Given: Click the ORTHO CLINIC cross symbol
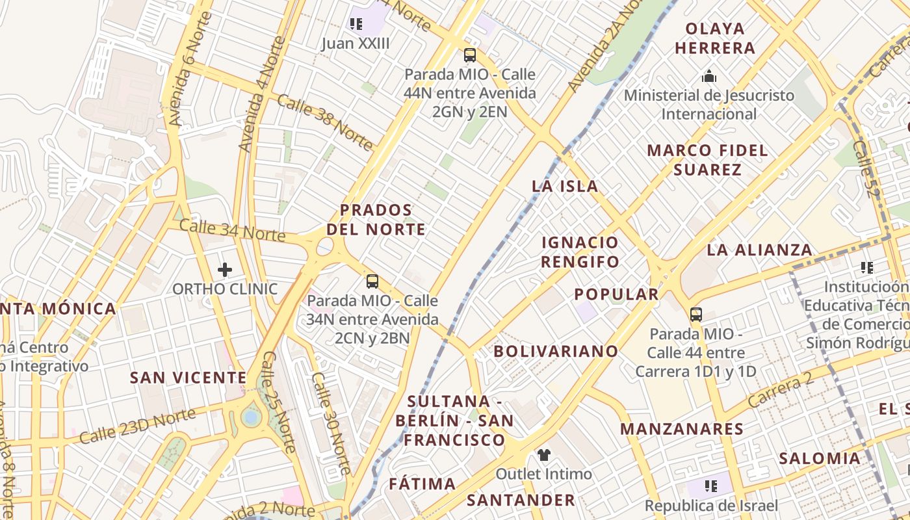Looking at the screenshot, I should tap(225, 269).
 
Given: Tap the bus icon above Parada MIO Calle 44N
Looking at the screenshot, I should tap(470, 55).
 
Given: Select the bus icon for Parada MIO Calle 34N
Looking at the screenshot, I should tap(372, 281).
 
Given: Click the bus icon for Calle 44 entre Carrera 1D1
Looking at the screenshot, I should tap(696, 315).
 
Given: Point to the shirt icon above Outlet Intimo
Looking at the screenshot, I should tap(543, 454).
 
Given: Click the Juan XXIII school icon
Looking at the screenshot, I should tap(356, 25).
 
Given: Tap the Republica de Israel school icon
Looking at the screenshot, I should tap(710, 486).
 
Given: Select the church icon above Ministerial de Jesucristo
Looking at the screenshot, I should tap(709, 77).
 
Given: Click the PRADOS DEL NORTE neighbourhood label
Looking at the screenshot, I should tap(376, 220).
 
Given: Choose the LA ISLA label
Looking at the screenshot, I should tap(565, 186).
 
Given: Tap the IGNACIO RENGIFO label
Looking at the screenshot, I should tap(580, 252).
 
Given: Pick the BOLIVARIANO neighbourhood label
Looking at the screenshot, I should tap(556, 352).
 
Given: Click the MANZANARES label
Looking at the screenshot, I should tap(682, 429).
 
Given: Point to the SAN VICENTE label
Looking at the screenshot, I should tap(188, 378).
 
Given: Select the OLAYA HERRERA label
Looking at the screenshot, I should tap(715, 38).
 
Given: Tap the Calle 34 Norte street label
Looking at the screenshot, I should tap(232, 230).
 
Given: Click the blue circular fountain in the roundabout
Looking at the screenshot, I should tap(251, 417).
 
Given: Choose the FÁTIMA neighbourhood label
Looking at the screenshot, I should tap(422, 484).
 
